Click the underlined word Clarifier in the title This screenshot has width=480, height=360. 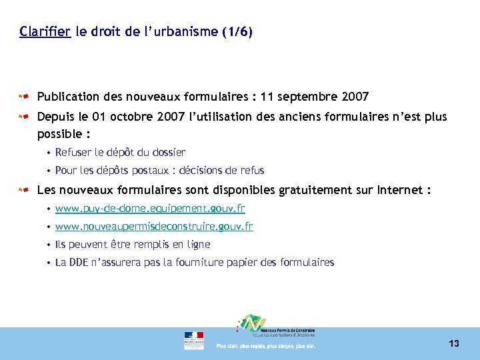[45, 31]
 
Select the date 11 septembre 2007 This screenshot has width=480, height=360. [315, 97]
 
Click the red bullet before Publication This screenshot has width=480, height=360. [24, 97]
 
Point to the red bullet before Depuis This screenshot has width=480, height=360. [24, 117]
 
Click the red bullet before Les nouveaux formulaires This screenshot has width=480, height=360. [24, 190]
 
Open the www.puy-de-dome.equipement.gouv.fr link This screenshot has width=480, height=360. [150, 209]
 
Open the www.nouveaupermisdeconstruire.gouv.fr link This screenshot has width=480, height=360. [154, 227]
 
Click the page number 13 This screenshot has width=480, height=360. [454, 343]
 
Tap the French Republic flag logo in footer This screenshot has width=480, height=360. [194, 340]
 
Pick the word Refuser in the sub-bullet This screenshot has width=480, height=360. [74, 152]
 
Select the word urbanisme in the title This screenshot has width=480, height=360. [187, 31]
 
